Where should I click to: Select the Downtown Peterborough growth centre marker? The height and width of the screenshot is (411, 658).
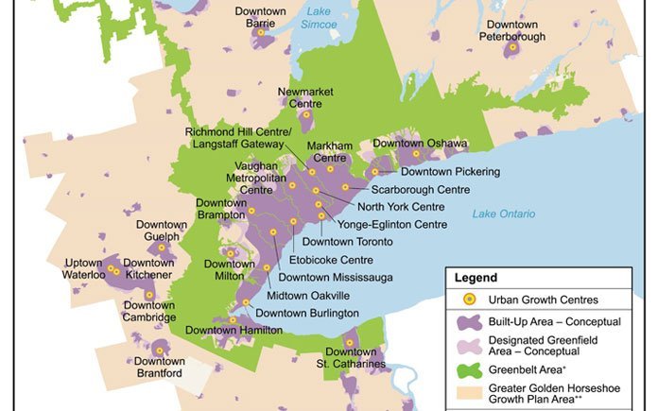pyautogui.click(x=513, y=46)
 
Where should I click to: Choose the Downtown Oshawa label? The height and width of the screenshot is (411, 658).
pyautogui.click(x=420, y=144)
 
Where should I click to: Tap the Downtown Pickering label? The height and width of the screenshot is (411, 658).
pyautogui.click(x=449, y=172)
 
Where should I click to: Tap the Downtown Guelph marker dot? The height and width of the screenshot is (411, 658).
pyautogui.click(x=162, y=248)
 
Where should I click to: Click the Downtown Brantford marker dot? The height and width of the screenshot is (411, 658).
pyautogui.click(x=159, y=350)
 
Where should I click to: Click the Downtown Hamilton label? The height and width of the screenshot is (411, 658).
pyautogui.click(x=234, y=330)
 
